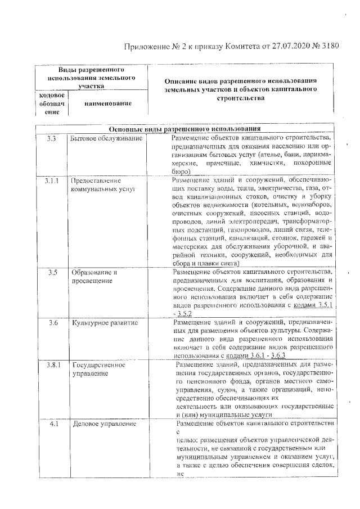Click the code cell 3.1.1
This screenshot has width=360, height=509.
pos(52,181)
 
